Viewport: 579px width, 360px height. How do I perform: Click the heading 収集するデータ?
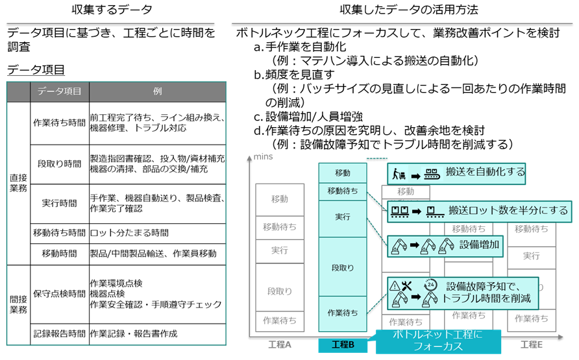(112, 10)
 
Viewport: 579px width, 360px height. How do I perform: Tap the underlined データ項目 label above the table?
(36, 70)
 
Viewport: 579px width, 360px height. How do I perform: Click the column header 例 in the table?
(157, 91)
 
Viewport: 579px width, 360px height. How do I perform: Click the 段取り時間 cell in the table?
(59, 164)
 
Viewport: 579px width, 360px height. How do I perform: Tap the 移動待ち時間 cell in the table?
(59, 232)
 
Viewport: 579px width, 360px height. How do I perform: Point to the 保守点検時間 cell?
(59, 294)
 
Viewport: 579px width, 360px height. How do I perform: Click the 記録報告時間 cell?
(59, 334)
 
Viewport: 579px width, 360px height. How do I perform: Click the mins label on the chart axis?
(262, 157)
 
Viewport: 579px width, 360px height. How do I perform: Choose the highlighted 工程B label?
(343, 345)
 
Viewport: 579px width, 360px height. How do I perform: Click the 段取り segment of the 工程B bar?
(343, 267)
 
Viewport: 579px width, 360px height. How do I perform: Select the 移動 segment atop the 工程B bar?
(343, 173)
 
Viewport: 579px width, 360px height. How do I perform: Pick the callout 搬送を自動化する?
(456, 173)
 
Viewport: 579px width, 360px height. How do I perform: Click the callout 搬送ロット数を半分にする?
(478, 210)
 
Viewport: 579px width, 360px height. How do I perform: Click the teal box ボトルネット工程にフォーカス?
(438, 341)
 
